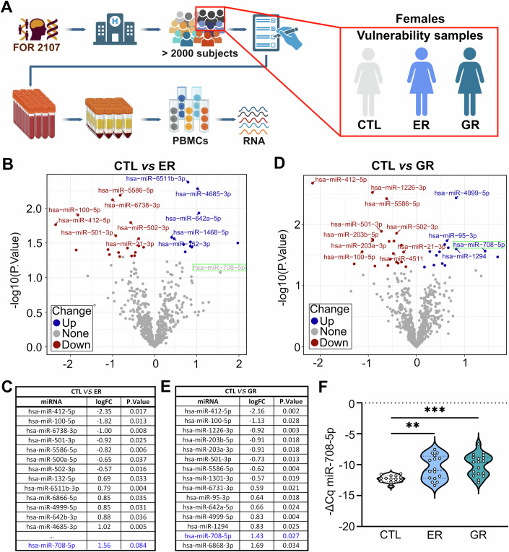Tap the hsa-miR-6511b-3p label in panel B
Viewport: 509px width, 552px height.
click(148, 179)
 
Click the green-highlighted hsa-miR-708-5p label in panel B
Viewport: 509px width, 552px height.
click(219, 268)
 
